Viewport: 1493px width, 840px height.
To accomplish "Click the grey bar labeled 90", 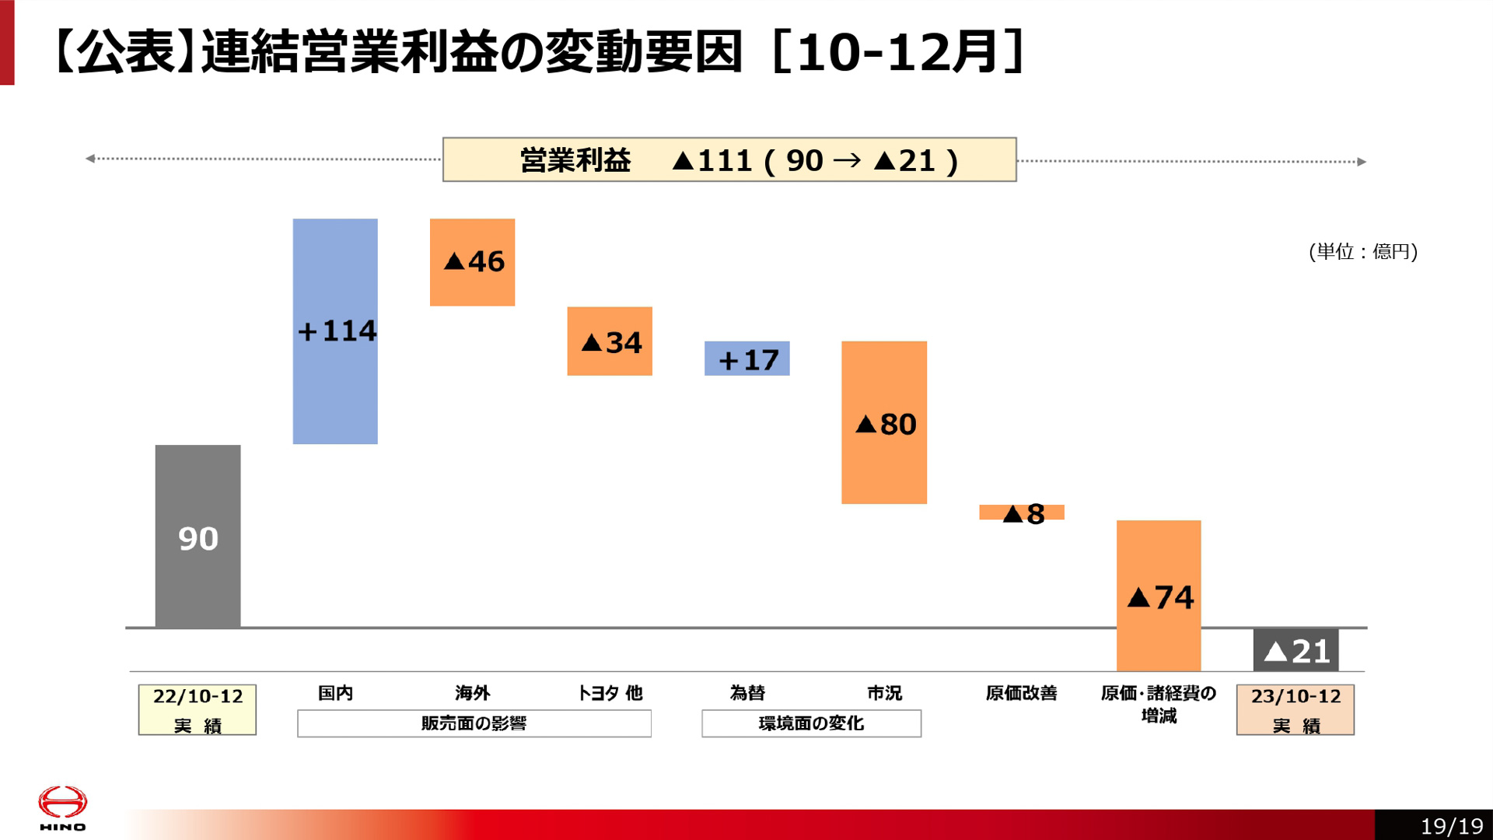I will (x=198, y=536).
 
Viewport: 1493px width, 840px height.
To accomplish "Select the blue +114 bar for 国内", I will (x=335, y=331).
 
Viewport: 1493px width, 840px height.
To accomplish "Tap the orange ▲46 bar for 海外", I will (x=472, y=262).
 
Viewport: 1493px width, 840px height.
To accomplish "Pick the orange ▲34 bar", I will (x=610, y=341).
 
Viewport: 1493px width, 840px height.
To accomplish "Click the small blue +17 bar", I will (x=746, y=359).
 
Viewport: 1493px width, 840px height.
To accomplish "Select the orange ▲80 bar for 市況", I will (x=884, y=422).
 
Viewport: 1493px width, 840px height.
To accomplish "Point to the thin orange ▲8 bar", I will (x=1021, y=512).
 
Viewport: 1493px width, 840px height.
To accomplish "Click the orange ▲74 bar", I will (x=1159, y=595).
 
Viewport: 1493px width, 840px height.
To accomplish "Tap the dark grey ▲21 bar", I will (x=1295, y=650).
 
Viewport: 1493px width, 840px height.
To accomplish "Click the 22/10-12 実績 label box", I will (x=198, y=709).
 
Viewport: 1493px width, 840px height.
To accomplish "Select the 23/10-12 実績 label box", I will (x=1295, y=709).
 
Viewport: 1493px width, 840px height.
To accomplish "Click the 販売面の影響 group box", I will (x=474, y=723).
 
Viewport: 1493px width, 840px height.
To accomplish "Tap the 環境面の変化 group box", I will (x=811, y=723).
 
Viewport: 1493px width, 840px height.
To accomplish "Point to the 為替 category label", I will (x=746, y=692).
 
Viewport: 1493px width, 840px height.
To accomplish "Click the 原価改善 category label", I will (x=1021, y=692).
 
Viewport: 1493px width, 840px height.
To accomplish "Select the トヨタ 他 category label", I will (x=610, y=692).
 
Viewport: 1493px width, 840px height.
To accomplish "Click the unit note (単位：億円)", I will (x=1363, y=251).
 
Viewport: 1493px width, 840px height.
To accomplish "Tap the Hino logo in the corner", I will (x=62, y=808).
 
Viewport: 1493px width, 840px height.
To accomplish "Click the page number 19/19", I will (x=1451, y=825).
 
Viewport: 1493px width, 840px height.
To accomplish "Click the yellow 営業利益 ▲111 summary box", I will (x=729, y=159).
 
